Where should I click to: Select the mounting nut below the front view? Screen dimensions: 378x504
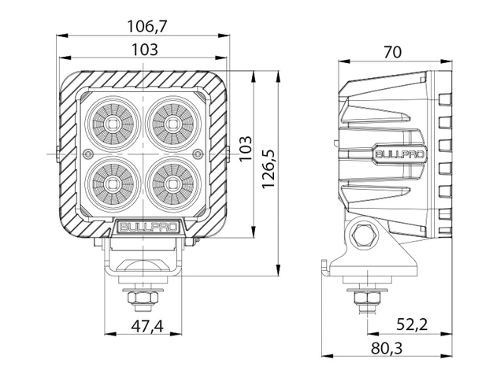[x=142, y=298]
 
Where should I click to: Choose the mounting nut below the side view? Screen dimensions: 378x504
[x=365, y=298]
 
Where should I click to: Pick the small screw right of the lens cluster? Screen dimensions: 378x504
[x=198, y=154]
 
